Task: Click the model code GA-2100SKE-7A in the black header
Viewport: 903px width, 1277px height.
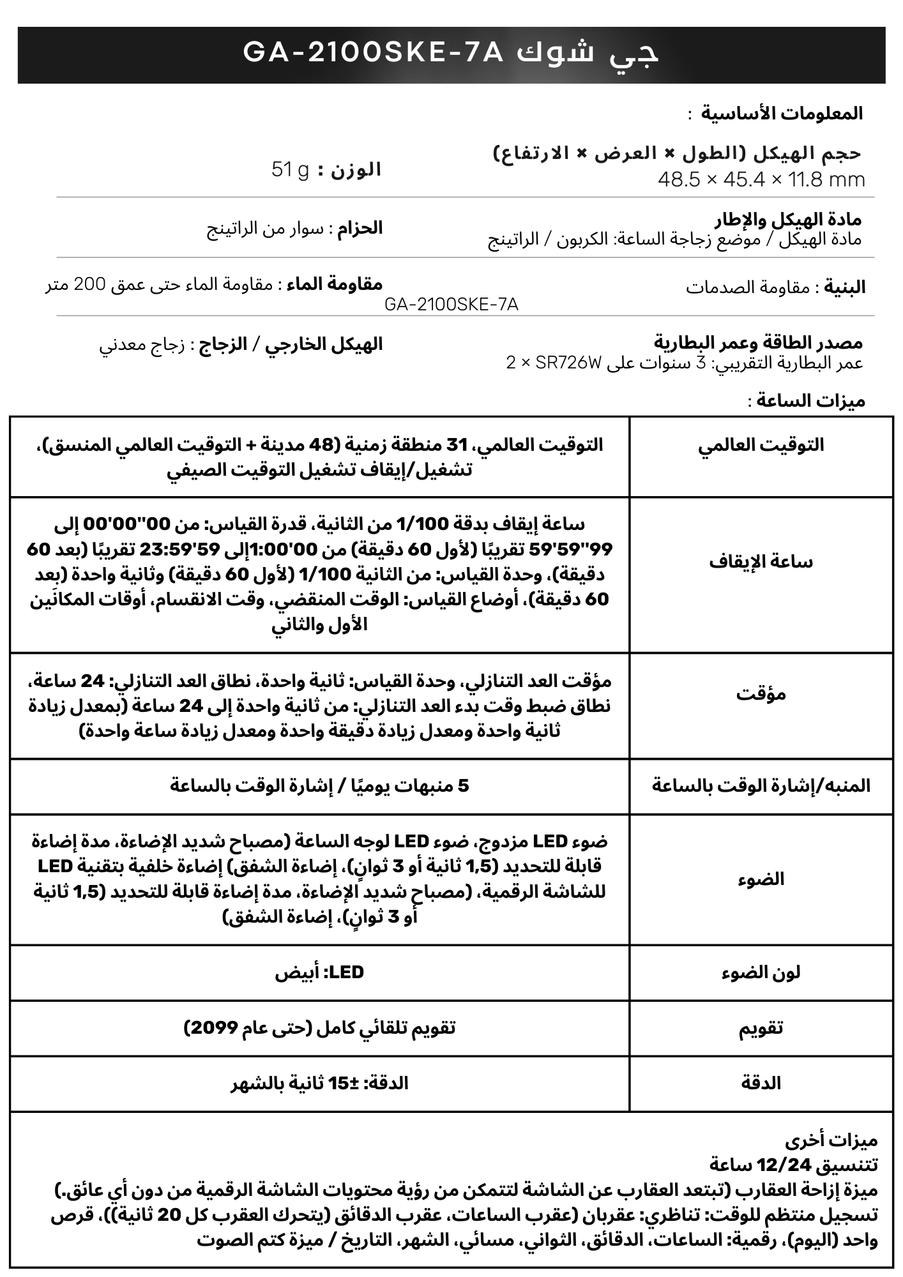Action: coord(374,54)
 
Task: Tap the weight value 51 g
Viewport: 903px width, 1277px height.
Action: coord(290,170)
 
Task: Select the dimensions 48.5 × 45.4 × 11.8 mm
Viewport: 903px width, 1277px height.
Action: coord(761,180)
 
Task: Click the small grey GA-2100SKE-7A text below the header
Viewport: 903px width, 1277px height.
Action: coord(451,305)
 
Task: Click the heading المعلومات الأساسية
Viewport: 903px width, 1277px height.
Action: coord(782,114)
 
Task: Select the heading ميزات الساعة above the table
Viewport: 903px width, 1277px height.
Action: coord(810,401)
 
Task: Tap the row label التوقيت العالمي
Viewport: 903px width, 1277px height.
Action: coord(761,445)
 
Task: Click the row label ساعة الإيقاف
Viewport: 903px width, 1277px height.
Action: coord(761,563)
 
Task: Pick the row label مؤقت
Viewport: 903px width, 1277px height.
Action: coord(761,694)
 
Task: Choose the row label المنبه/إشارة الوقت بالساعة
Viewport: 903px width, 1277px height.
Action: coord(761,785)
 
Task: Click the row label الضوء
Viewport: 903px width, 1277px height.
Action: coord(761,879)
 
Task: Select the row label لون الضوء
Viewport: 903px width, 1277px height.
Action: coord(761,972)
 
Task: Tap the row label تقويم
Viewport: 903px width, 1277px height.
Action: coord(761,1028)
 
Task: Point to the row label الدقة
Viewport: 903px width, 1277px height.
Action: coord(761,1084)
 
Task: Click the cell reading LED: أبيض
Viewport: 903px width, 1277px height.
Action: coord(319,972)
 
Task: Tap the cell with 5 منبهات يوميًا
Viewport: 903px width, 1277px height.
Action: coord(319,785)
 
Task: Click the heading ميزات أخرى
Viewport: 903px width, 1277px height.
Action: coord(831,1140)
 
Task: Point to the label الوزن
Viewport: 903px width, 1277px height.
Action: coord(355,170)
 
